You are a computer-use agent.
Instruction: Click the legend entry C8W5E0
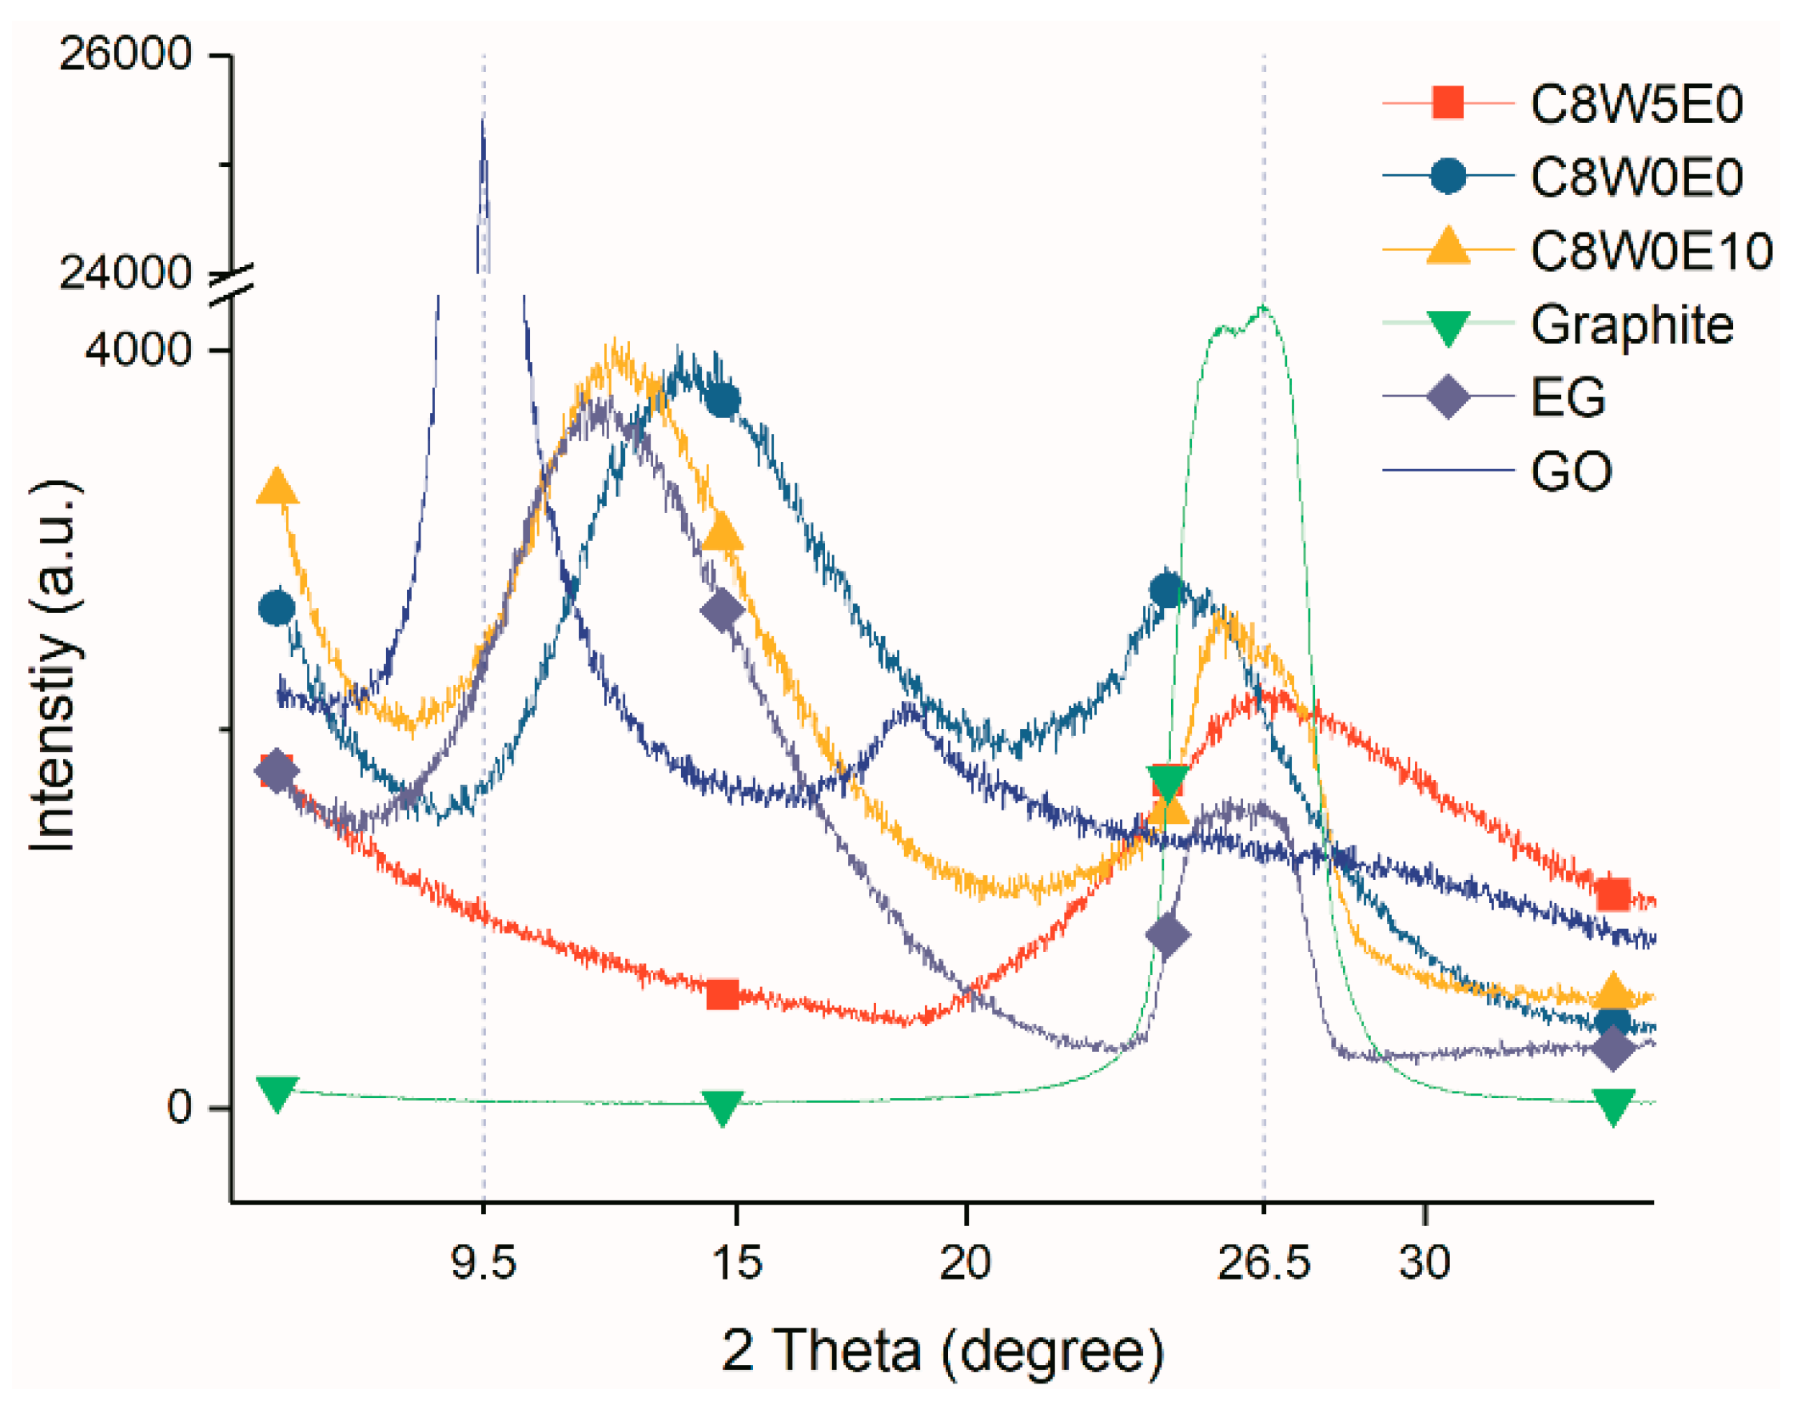click(1636, 105)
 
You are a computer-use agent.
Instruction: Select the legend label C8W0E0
click(1636, 177)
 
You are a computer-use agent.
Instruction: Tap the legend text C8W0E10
click(1652, 250)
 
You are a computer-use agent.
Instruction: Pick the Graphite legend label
click(1632, 324)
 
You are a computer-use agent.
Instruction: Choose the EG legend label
click(1568, 397)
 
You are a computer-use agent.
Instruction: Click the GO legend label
click(1571, 472)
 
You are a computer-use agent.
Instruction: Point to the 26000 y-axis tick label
click(126, 55)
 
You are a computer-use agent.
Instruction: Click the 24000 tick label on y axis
click(126, 272)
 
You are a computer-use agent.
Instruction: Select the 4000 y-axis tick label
click(137, 348)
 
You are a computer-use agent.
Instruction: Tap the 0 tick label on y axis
click(179, 1108)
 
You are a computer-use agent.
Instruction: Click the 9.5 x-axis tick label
click(483, 1262)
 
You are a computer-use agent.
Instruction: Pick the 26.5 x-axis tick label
click(1263, 1262)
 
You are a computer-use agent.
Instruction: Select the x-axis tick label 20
click(965, 1262)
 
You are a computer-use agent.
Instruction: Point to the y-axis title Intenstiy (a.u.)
click(53, 663)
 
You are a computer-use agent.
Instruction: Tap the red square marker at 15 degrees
click(722, 994)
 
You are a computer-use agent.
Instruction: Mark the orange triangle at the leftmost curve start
click(277, 487)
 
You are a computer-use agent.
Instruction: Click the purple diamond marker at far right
click(1612, 1049)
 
